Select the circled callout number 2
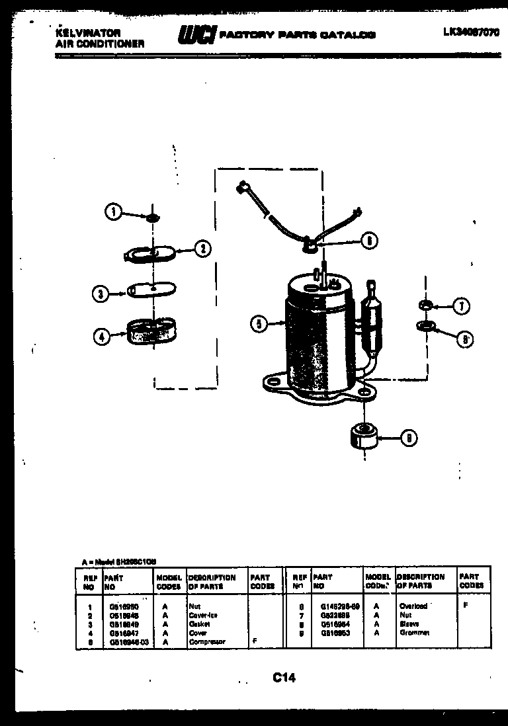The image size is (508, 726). tap(202, 249)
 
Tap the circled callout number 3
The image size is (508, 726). tap(100, 294)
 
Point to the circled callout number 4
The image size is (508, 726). tap(101, 337)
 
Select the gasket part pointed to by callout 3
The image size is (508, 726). tap(151, 289)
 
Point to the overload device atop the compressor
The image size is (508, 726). tap(308, 247)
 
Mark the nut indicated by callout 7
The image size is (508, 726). tap(425, 305)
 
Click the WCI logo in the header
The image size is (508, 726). tap(196, 35)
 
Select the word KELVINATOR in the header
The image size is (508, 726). tap(78, 32)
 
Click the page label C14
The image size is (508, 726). tap(283, 677)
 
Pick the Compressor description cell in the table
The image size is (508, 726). tap(206, 641)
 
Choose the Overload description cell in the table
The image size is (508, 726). tap(413, 606)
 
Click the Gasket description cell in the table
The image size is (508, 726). tap(199, 624)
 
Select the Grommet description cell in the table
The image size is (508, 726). tap(415, 633)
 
